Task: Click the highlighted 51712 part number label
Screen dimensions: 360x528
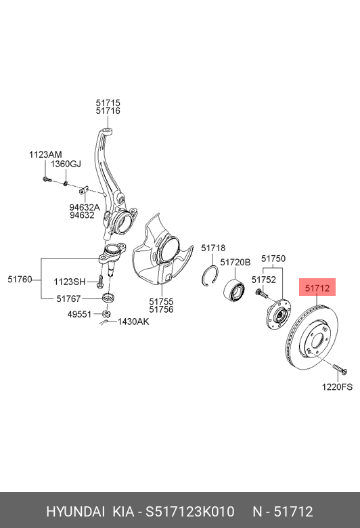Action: [x=317, y=288]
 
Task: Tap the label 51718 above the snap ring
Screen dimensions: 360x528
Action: [x=213, y=248]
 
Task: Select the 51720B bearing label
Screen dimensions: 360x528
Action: [x=235, y=262]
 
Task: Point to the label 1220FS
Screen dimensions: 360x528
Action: [x=337, y=387]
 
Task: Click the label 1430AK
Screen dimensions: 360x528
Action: [x=133, y=322]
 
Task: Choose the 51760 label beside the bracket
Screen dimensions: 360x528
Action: [x=20, y=279]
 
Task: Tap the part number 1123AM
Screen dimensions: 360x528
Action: [x=45, y=154]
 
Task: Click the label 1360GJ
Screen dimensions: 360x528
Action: [x=66, y=164]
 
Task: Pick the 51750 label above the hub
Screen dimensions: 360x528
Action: [x=273, y=259]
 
